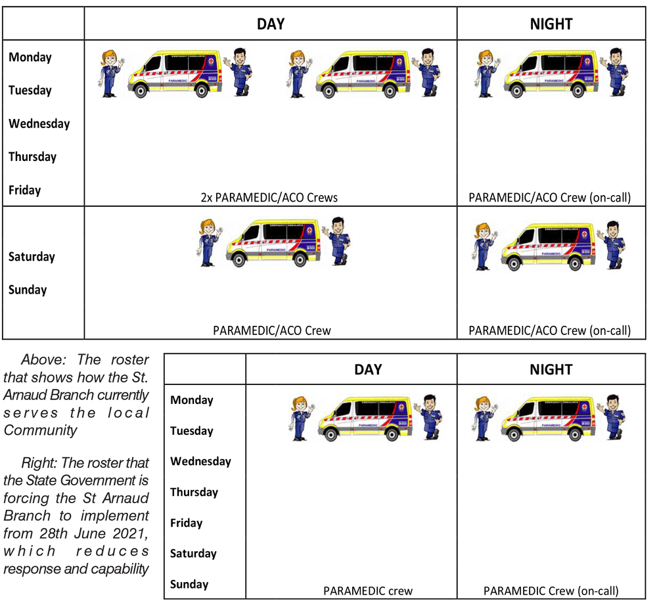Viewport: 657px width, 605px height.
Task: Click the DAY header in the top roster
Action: click(x=270, y=24)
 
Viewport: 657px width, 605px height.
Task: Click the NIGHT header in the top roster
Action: click(x=551, y=24)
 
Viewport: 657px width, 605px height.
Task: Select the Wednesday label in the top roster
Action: click(x=39, y=123)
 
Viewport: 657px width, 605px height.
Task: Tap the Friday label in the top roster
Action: click(x=25, y=190)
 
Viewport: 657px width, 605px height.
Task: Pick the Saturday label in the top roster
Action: click(x=32, y=256)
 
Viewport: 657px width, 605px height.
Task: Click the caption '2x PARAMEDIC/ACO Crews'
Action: click(x=269, y=197)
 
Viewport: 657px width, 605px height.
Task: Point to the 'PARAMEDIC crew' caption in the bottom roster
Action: click(x=368, y=591)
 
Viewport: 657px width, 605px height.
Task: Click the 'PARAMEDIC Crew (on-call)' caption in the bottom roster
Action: click(x=551, y=591)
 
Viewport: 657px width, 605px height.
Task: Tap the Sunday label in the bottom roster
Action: click(x=189, y=584)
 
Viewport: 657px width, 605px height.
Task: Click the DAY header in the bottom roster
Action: click(x=368, y=369)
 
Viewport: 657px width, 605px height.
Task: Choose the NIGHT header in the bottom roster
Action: click(x=551, y=369)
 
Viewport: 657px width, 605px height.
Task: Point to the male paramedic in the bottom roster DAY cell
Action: click(x=432, y=416)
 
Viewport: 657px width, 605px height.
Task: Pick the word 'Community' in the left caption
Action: click(x=41, y=430)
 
